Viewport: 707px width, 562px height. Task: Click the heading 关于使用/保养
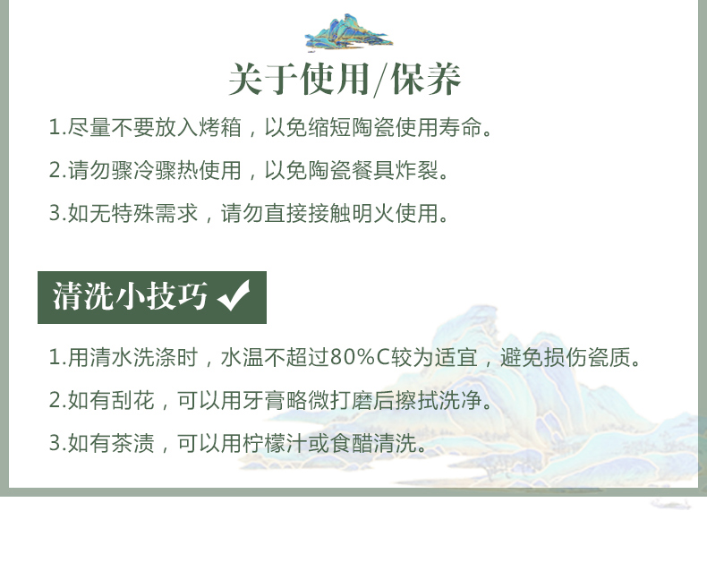pos(345,80)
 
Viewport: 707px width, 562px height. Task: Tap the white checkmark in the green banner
pos(234,295)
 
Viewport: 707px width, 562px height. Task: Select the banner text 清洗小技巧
pos(130,296)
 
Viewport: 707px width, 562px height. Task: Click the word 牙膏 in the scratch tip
pos(264,400)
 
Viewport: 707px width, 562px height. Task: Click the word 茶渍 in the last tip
pos(133,443)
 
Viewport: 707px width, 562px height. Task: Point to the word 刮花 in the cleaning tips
pos(133,400)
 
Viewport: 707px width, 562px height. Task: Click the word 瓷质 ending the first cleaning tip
pos(609,357)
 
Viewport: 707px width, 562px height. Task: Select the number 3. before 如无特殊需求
pos(57,213)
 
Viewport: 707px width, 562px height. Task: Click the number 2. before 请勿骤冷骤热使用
pos(57,171)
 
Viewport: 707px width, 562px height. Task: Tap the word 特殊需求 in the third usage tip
pos(155,213)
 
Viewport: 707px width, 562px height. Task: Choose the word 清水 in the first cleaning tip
pos(111,357)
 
